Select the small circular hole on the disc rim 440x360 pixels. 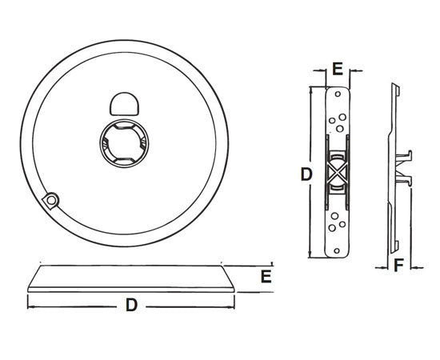tap(52, 199)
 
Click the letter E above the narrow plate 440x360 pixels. tap(337, 70)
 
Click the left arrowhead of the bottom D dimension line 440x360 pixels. tap(30, 305)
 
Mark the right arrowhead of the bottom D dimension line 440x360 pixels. tap(232, 305)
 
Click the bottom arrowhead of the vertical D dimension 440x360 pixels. tap(311, 255)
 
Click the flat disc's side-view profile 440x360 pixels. tap(130, 278)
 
